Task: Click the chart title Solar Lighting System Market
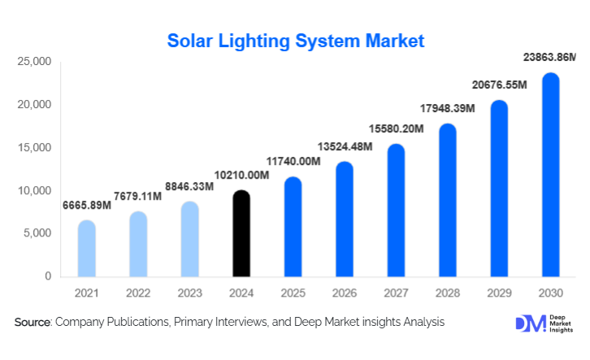coord(295,41)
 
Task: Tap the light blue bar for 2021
coord(87,249)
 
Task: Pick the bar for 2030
coord(550,175)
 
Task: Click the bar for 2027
coord(396,210)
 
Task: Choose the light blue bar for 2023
coord(189,240)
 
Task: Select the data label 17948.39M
coord(447,110)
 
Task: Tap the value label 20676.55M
coord(498,85)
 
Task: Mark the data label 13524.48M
coord(344,146)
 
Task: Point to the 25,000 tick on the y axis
coord(36,62)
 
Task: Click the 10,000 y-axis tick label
coord(36,191)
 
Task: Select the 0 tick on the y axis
coord(48,277)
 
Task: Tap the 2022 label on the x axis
coord(138,293)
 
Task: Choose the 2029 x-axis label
coord(498,293)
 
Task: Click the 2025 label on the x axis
coord(293,293)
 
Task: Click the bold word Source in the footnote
coord(33,323)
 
